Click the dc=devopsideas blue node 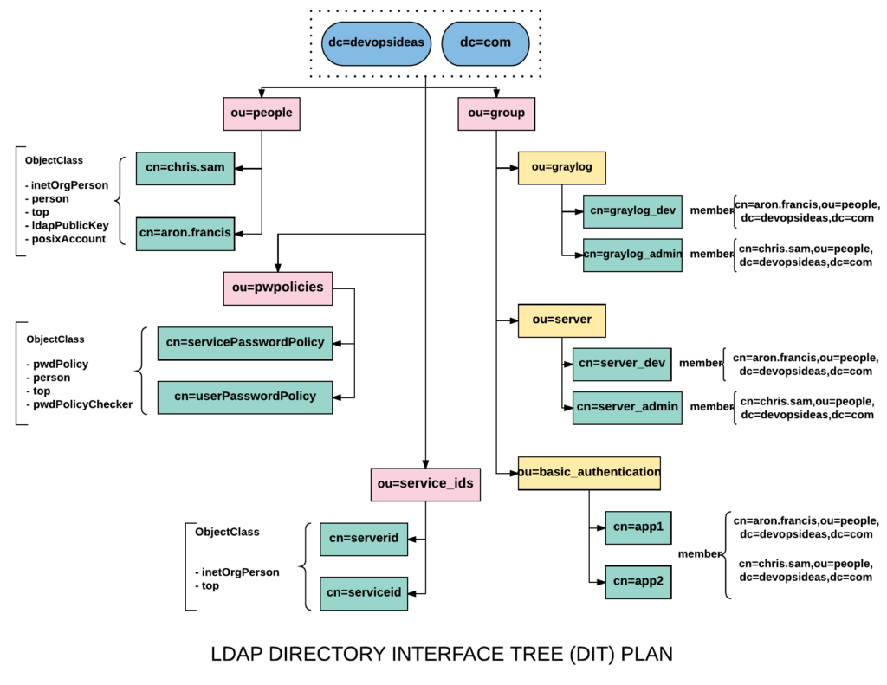tap(376, 43)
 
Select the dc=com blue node tap(485, 43)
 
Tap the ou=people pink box tap(262, 113)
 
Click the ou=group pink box tap(496, 113)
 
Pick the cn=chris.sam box tap(185, 168)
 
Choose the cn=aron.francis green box tap(185, 233)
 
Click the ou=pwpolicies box tap(278, 288)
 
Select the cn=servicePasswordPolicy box tap(244, 343)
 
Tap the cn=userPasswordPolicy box tap(244, 397)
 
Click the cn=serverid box tap(363, 539)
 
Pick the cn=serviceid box tap(363, 593)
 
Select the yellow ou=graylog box tap(561, 168)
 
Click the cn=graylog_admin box tap(632, 255)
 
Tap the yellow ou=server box tap(561, 320)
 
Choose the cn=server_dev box tap(621, 364)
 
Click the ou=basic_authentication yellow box tap(589, 473)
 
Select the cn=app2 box tap(638, 582)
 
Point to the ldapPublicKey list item tap(67, 225)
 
